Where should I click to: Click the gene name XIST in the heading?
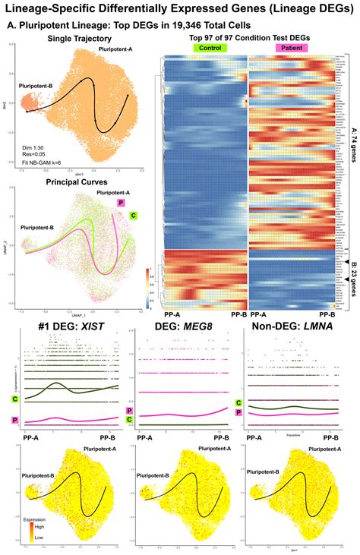tap(85, 326)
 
